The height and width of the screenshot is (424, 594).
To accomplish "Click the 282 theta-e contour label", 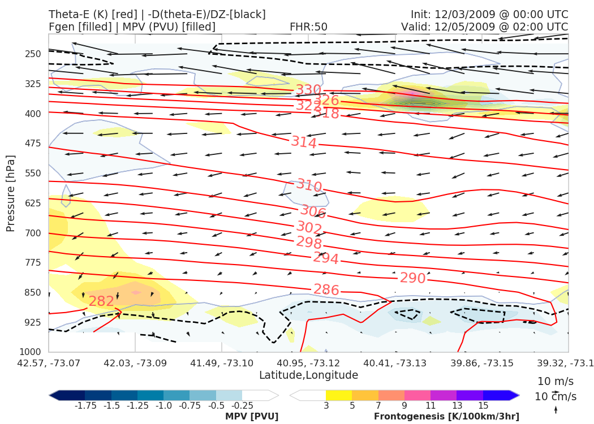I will (101, 301).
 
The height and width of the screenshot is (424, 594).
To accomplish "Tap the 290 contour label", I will (412, 278).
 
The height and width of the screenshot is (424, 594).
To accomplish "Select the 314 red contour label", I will (304, 142).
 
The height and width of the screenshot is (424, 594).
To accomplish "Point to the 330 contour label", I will (308, 90).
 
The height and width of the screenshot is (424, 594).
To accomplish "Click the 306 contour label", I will (313, 212).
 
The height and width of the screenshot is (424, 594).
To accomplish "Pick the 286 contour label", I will (326, 290).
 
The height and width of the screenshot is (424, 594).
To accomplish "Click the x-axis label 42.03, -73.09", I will (135, 362).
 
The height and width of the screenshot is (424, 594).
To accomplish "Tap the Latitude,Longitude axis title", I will (308, 375).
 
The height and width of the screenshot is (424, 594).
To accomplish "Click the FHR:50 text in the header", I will (308, 27).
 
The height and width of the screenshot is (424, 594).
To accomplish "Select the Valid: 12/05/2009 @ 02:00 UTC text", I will (484, 27).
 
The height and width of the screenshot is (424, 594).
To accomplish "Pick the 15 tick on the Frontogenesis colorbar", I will (483, 405).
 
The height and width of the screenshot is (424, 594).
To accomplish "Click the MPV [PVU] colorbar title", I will (252, 417).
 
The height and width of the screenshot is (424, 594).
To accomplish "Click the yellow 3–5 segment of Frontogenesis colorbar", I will (339, 395).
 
